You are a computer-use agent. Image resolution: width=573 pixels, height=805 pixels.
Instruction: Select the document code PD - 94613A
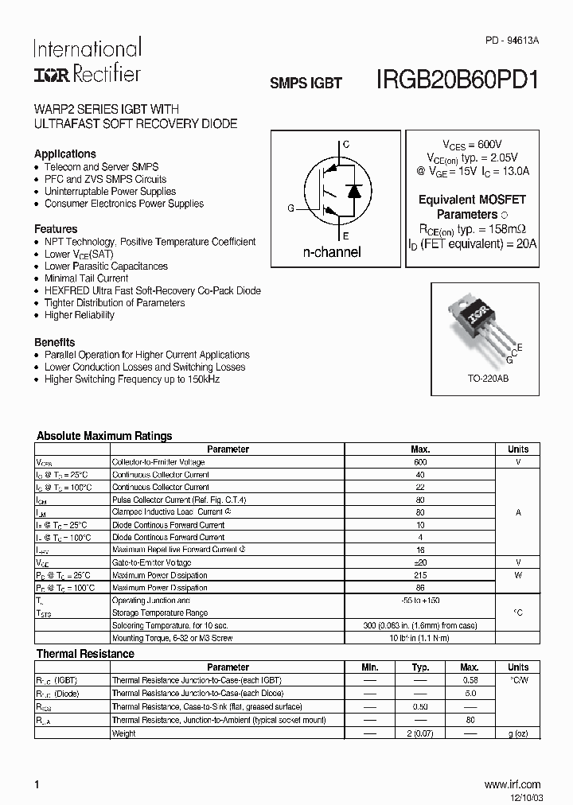tap(512, 40)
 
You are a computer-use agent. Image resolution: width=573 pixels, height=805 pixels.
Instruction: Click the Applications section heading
tap(65, 154)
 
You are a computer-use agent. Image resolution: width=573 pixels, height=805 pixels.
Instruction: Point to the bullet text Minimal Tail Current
tap(86, 278)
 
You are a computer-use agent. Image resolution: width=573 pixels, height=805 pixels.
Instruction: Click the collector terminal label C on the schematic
tap(345, 145)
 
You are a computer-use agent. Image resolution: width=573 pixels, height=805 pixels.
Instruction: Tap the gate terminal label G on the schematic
tap(291, 208)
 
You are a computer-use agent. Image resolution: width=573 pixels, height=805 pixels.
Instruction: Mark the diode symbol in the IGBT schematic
tap(354, 191)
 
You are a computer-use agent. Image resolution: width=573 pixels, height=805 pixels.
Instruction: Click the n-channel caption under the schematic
tap(332, 252)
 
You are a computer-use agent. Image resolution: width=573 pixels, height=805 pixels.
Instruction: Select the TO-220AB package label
tap(488, 379)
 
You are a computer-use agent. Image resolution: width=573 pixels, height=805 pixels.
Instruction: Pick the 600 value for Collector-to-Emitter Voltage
tap(420, 462)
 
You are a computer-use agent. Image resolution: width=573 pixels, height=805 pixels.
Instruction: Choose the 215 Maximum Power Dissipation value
tap(420, 575)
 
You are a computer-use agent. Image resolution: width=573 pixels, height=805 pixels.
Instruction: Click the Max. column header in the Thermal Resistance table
tap(470, 667)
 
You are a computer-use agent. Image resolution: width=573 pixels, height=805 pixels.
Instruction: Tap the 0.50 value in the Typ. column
tap(420, 706)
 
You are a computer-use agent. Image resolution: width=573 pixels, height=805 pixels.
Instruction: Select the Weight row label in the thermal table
tap(123, 733)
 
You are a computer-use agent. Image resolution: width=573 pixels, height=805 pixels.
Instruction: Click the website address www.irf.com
tap(512, 784)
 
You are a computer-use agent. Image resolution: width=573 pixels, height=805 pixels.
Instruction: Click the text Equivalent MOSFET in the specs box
tap(472, 200)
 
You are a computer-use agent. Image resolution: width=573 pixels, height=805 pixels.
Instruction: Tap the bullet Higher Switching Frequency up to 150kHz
tap(132, 379)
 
